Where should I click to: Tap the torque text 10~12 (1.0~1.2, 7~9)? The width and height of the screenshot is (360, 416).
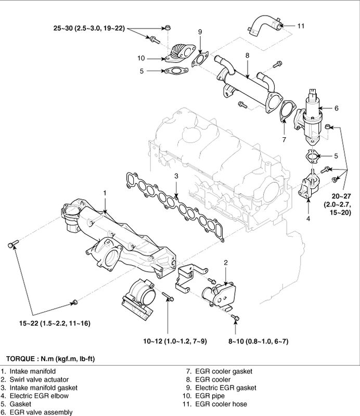click(175, 342)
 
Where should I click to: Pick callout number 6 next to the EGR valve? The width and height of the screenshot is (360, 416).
click(336, 108)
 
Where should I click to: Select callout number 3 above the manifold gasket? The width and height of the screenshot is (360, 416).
click(176, 176)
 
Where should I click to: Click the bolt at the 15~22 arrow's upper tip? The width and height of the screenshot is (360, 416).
click(12, 244)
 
